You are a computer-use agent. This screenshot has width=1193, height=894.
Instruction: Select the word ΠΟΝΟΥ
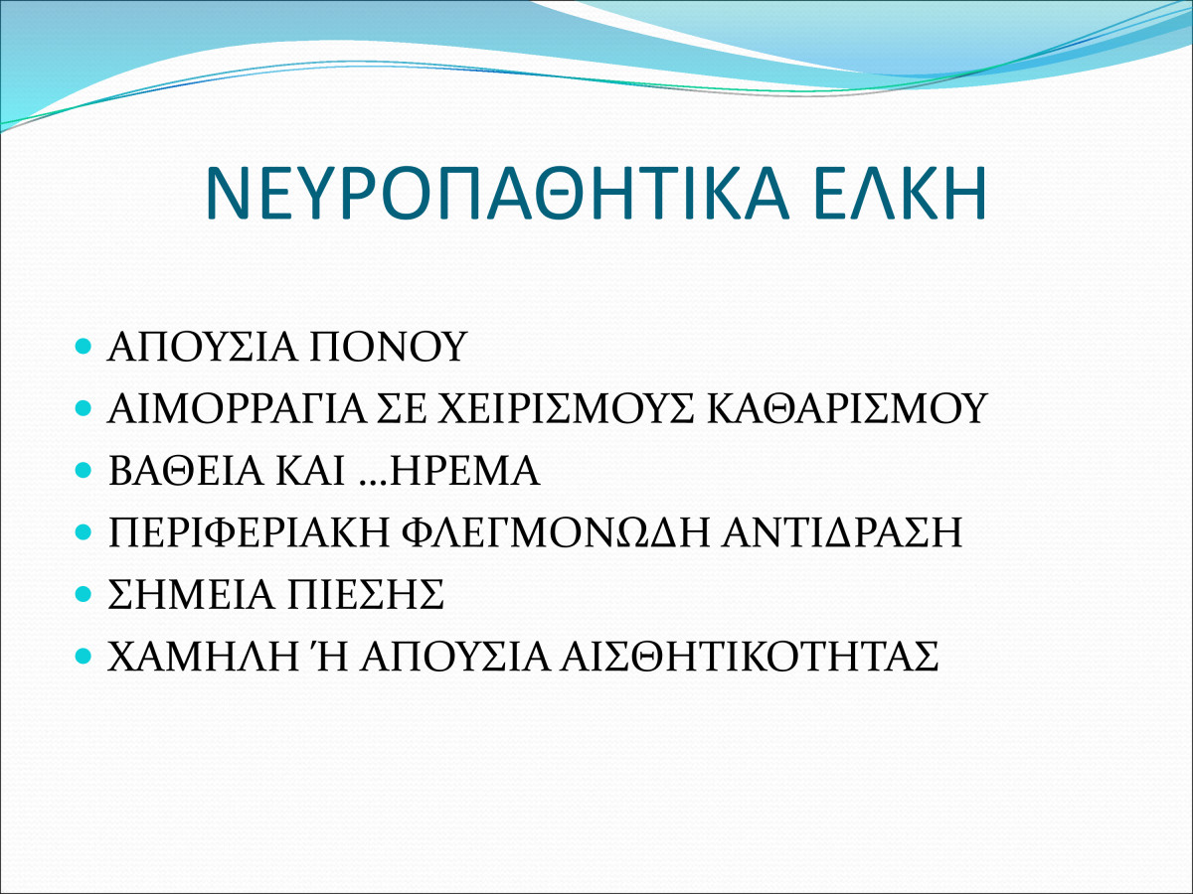[x=388, y=347]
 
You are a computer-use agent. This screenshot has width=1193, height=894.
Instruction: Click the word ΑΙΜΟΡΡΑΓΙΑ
[x=238, y=408]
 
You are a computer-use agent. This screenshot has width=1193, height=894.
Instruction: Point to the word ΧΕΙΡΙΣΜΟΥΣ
[x=567, y=408]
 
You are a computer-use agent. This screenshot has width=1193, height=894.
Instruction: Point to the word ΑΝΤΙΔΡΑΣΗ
[x=842, y=532]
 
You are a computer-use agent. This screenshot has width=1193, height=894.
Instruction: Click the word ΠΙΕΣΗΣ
[x=365, y=594]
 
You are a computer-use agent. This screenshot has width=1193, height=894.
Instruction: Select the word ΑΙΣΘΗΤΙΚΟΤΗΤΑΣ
[x=750, y=657]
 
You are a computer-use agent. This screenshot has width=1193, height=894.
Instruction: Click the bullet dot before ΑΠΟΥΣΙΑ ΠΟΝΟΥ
[x=83, y=346]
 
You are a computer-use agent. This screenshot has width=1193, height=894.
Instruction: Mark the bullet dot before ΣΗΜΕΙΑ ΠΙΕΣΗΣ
[x=83, y=594]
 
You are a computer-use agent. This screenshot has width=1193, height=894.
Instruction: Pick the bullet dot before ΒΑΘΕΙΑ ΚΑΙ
[x=83, y=470]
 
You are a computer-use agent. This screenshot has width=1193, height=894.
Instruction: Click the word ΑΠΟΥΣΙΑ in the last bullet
[x=455, y=657]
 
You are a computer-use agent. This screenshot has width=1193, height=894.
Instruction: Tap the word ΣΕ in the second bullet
[x=403, y=408]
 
